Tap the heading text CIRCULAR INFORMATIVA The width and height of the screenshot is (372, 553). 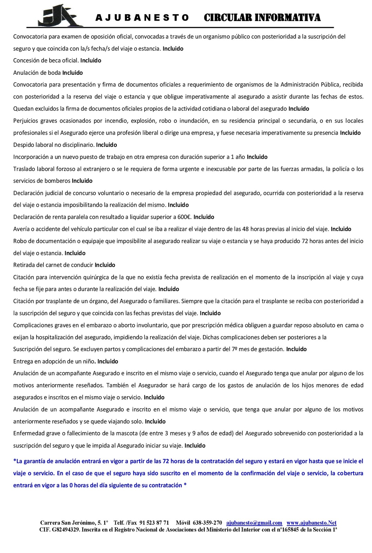262,18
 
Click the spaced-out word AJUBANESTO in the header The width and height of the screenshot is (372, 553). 142,18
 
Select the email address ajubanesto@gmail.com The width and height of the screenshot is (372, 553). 254,523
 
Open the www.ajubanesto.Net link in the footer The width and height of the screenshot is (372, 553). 311,523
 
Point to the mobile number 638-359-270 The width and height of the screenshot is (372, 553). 207,523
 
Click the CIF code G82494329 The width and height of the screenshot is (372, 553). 66,530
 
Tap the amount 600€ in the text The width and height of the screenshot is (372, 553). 183,217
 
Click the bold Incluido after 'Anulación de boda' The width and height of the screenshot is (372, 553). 72,73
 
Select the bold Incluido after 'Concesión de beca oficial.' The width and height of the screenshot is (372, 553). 91,61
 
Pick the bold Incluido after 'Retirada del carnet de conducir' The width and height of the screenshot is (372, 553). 105,265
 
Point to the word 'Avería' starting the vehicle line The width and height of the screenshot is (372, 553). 21,229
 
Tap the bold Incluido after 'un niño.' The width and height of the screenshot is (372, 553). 107,361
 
